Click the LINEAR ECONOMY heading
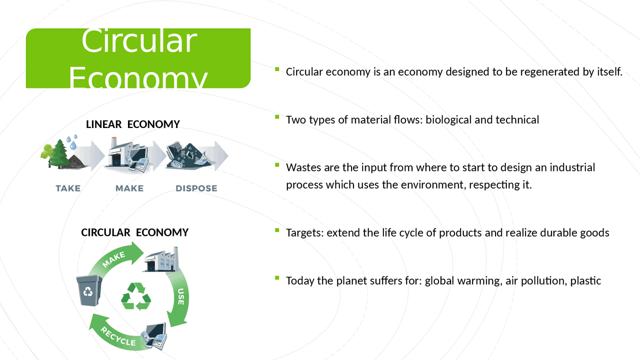coord(132,124)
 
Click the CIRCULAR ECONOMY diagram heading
coord(134,232)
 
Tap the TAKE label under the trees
coord(68,188)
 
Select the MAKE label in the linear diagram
coord(129,188)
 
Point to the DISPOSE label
coord(196,188)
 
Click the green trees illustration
coord(55,152)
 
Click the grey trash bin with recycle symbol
coord(88,290)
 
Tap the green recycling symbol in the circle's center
coord(136,296)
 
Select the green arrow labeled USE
coord(179,297)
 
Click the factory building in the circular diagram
coord(161,259)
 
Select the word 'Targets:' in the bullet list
coord(304,233)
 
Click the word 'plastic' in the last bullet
coord(585,281)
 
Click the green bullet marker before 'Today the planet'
coord(277,278)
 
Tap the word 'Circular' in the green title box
coord(139,41)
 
